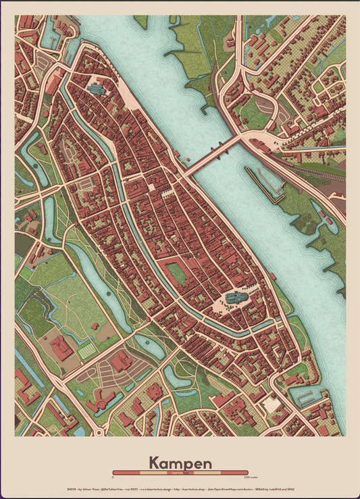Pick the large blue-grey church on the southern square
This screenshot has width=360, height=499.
[236, 298]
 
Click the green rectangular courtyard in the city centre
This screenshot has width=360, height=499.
[177, 274]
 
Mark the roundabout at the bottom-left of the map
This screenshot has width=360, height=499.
[100, 429]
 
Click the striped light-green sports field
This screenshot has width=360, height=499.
[87, 352]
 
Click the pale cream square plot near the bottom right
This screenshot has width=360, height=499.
[272, 404]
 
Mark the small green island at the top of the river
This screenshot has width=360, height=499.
[140, 22]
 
